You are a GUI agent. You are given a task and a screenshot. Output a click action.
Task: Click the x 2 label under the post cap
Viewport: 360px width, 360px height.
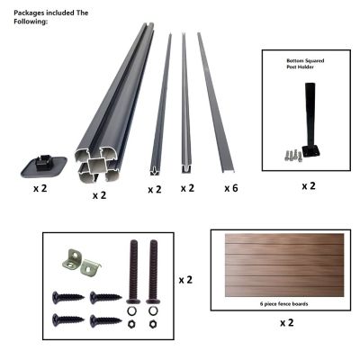[x=40, y=189]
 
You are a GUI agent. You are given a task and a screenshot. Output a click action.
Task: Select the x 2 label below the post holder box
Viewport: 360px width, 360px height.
[x=308, y=186]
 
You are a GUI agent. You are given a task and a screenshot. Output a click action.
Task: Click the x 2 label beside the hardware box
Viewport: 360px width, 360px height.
[x=185, y=280]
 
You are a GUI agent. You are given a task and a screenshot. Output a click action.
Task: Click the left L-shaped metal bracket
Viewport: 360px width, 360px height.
[x=72, y=257]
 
